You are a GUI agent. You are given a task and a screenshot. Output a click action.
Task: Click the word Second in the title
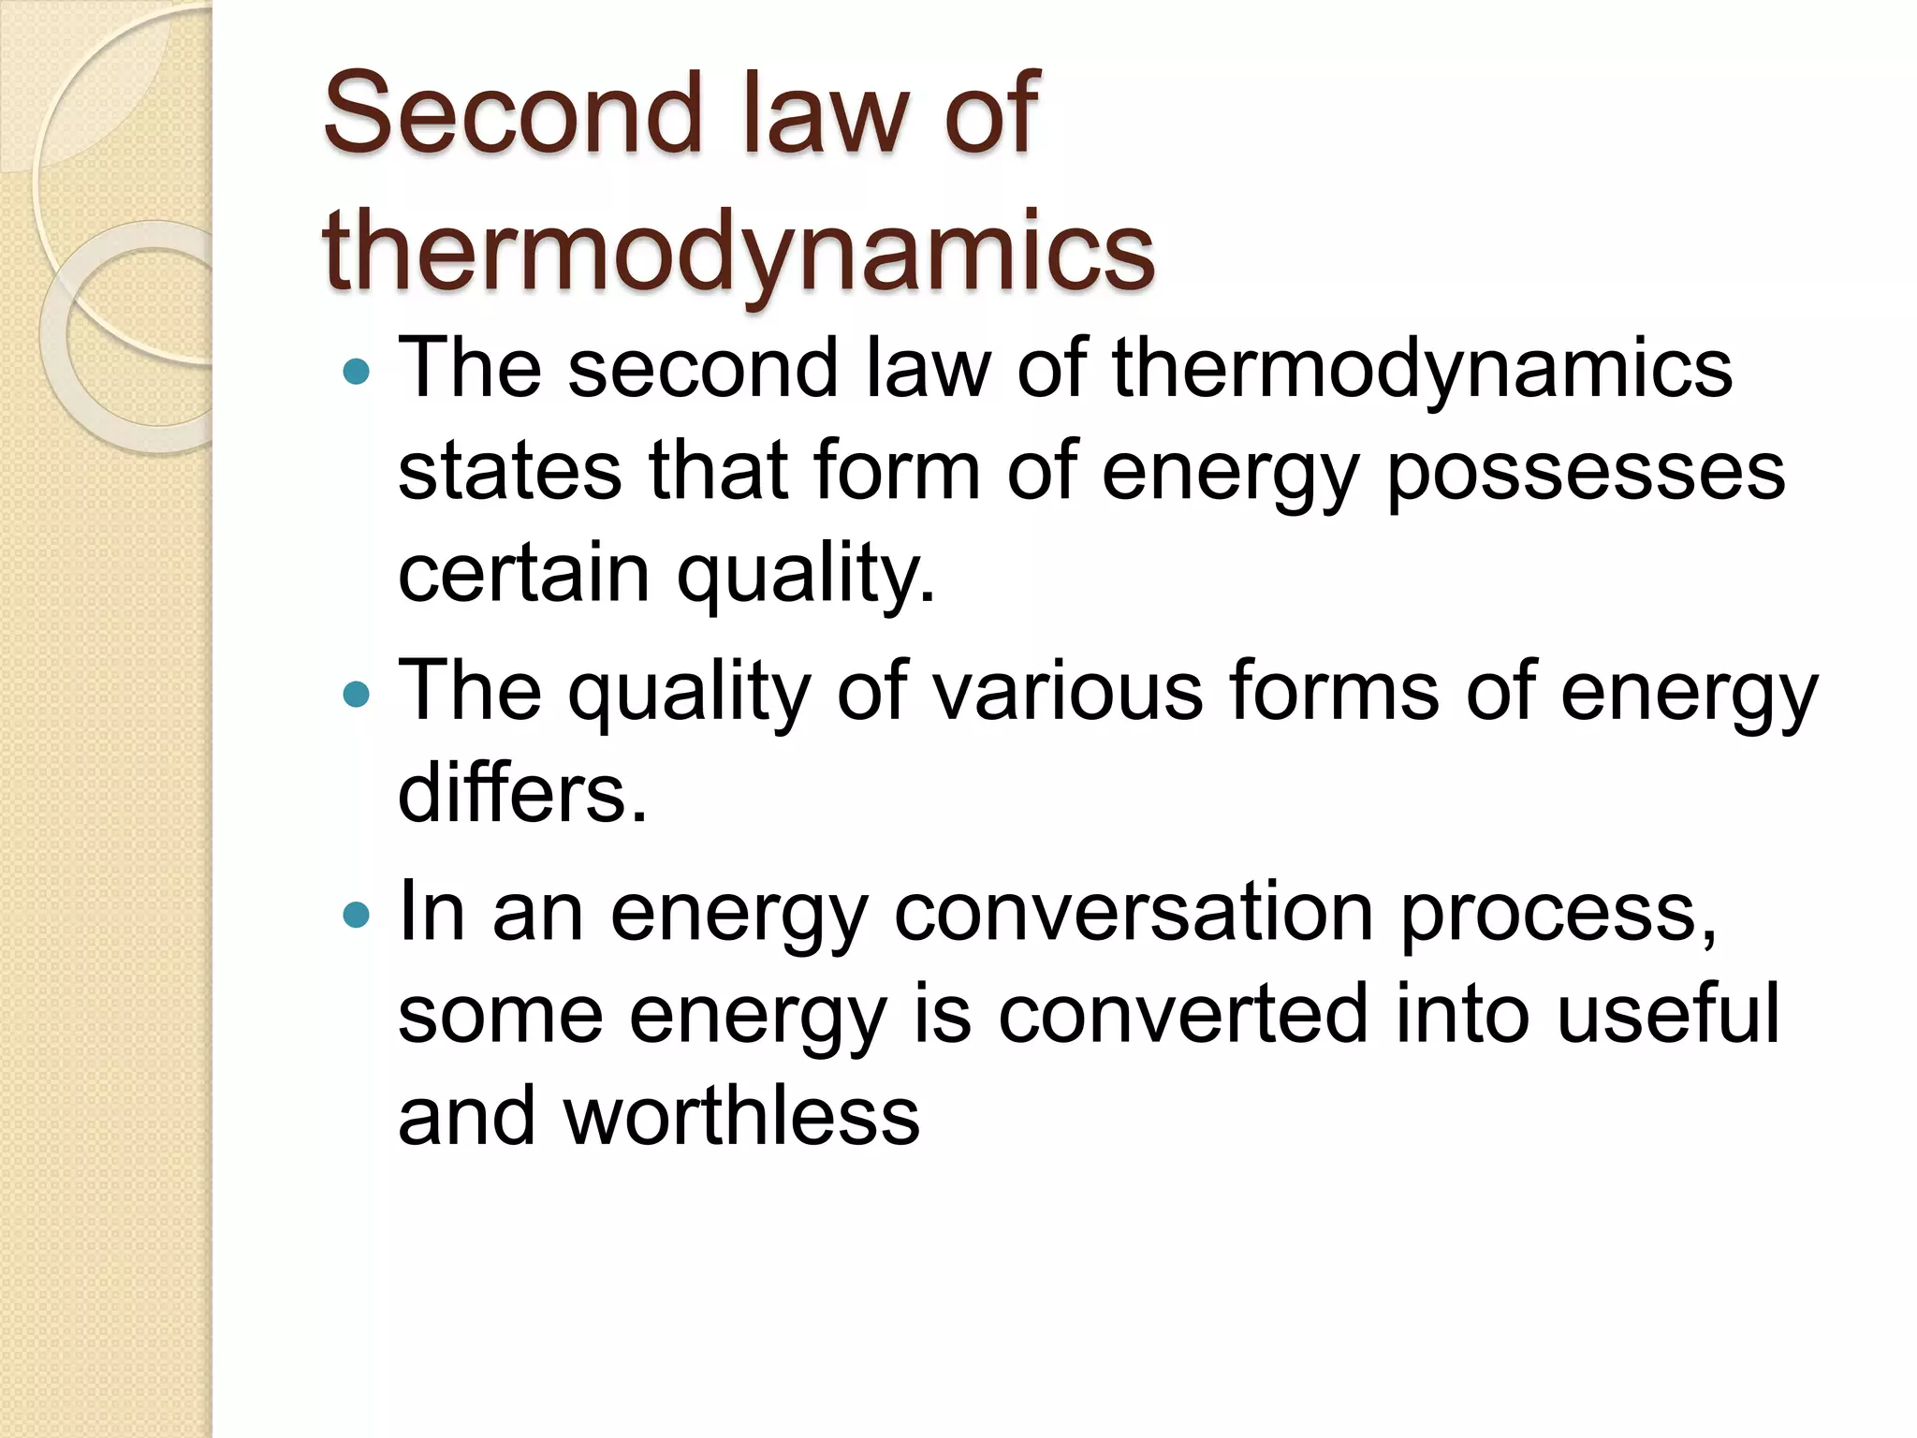(x=513, y=113)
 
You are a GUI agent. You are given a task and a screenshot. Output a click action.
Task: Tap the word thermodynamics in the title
(x=739, y=251)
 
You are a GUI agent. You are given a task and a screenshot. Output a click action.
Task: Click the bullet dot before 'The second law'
(x=357, y=373)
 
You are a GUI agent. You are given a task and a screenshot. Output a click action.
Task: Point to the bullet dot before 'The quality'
(x=357, y=695)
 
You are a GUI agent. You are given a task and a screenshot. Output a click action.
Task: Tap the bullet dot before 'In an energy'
(x=357, y=915)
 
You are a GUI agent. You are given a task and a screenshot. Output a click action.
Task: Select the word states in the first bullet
(x=509, y=471)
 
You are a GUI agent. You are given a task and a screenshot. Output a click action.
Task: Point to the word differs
(x=522, y=794)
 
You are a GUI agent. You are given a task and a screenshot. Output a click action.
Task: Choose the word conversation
(x=1134, y=913)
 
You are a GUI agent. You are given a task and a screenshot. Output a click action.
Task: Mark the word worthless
(x=741, y=1116)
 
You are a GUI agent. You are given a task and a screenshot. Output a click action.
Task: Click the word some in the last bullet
(x=500, y=1017)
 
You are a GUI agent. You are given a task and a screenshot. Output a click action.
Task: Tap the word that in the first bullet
(x=718, y=471)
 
